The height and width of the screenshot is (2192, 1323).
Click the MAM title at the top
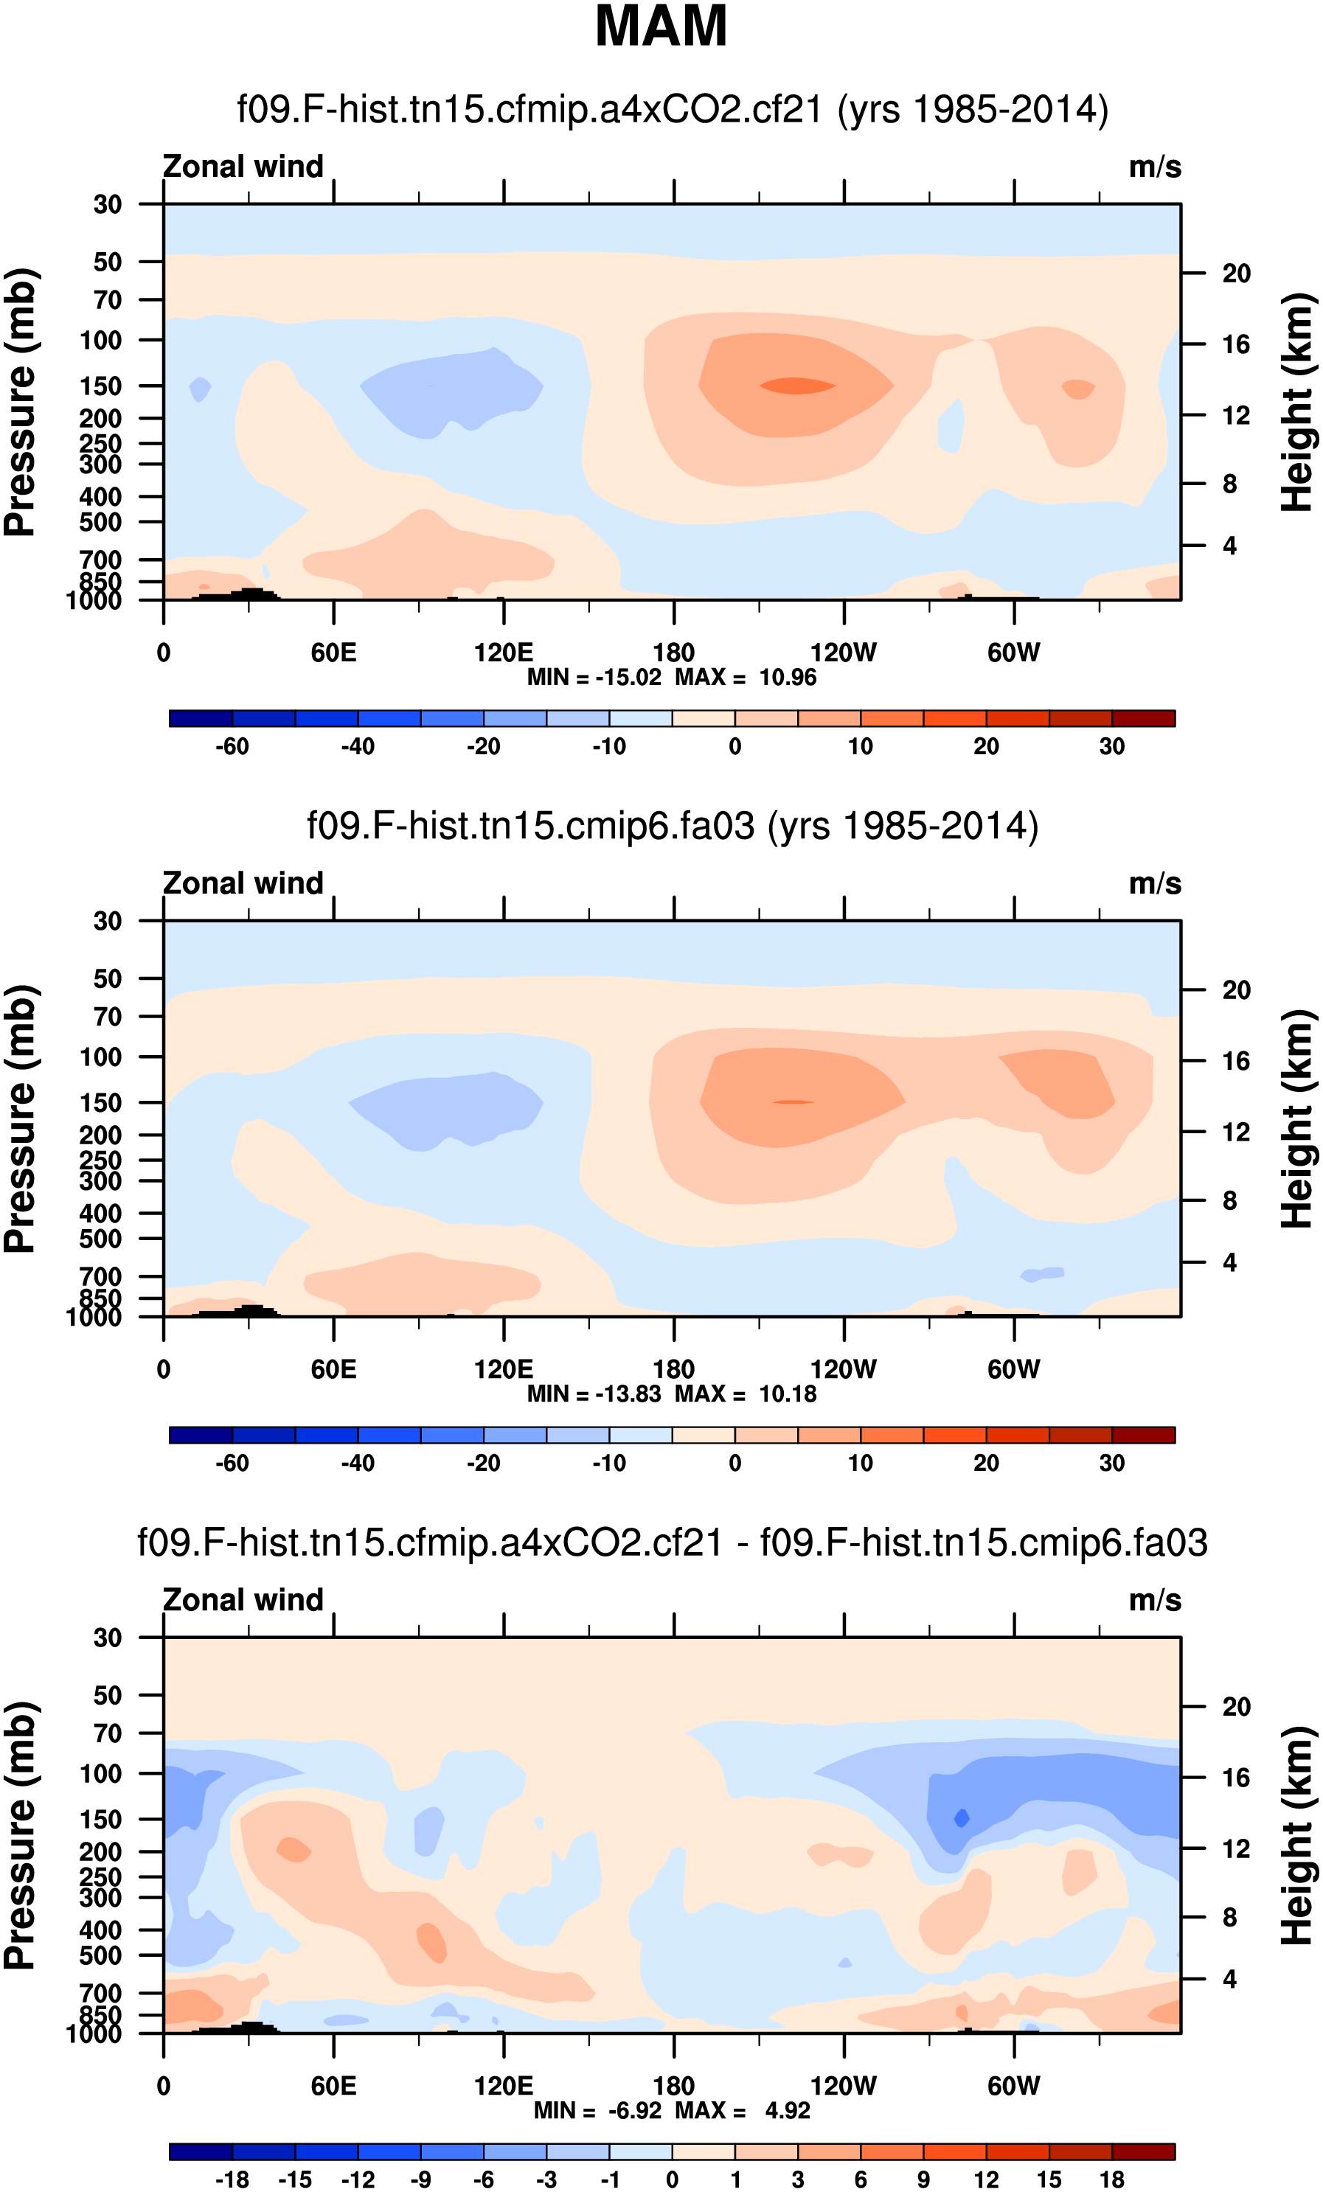(x=660, y=27)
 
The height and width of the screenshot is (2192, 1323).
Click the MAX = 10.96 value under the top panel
(x=746, y=677)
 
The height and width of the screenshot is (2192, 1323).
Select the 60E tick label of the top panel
(x=333, y=653)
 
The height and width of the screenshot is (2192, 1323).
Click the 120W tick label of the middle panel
(x=843, y=1369)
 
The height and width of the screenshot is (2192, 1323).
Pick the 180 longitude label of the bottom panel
(x=673, y=2085)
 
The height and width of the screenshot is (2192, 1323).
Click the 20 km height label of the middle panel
(x=1236, y=990)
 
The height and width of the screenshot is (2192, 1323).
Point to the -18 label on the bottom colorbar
(x=232, y=2179)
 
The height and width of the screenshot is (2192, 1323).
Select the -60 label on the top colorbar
(x=232, y=746)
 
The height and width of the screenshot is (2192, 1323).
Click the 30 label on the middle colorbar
(x=1111, y=1463)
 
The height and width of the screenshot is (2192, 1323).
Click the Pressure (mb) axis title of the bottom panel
(x=20, y=1834)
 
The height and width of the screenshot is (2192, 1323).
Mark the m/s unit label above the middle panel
(x=1154, y=883)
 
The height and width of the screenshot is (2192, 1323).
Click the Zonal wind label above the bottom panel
(x=243, y=1599)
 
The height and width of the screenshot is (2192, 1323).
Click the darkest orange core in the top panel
(x=796, y=385)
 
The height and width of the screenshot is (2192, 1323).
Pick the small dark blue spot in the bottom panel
(x=961, y=1817)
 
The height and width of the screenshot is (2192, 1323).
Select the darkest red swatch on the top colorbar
(x=1142, y=718)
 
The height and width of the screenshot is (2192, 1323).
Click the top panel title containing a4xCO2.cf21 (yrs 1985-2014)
(x=672, y=109)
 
